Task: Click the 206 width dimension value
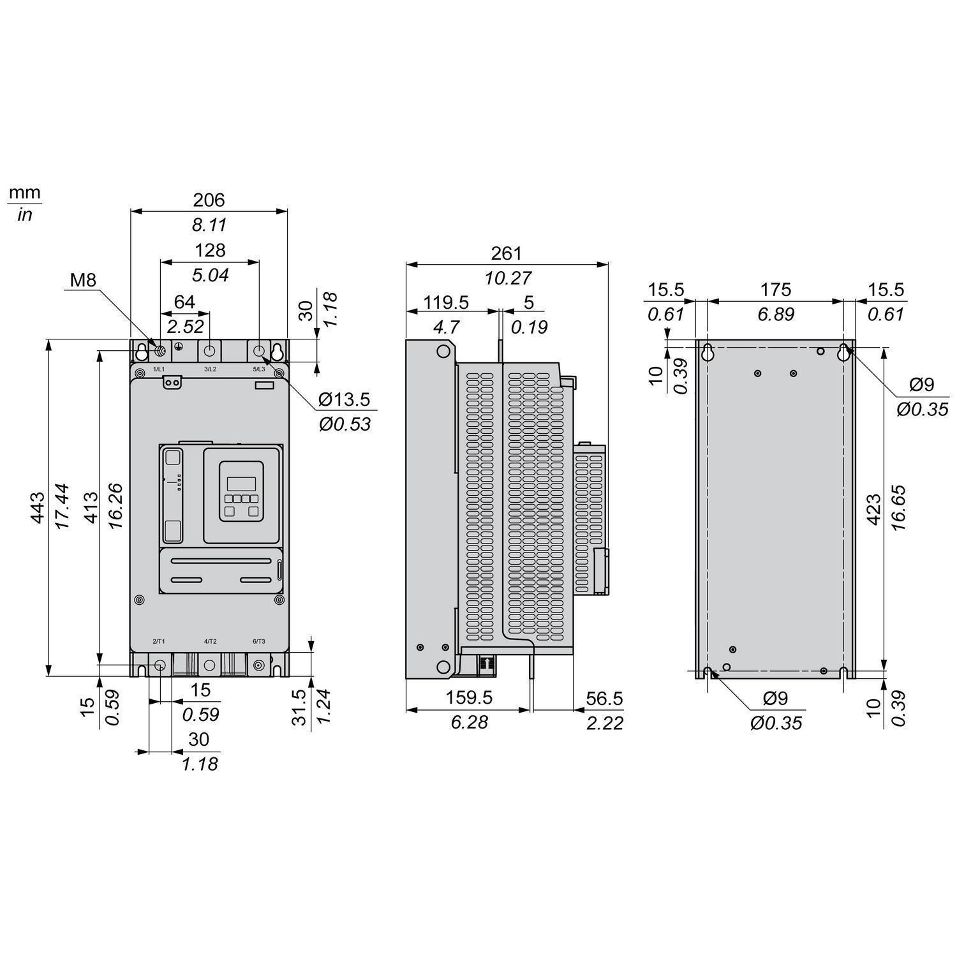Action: tap(209, 200)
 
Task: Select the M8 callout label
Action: tap(82, 279)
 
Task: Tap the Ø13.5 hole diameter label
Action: tap(344, 399)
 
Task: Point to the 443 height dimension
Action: tap(38, 507)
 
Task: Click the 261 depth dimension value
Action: tap(507, 253)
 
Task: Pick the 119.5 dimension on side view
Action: tap(447, 302)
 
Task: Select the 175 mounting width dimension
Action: tap(775, 290)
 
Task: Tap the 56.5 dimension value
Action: tap(604, 699)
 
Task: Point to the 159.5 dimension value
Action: tap(469, 698)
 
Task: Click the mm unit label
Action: tap(25, 192)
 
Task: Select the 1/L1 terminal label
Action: tap(159, 369)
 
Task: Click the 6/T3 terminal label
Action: tap(259, 641)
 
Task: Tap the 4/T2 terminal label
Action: tap(210, 641)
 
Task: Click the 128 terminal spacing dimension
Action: tap(210, 250)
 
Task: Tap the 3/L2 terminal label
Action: tap(210, 369)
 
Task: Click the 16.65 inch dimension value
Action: tap(898, 508)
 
